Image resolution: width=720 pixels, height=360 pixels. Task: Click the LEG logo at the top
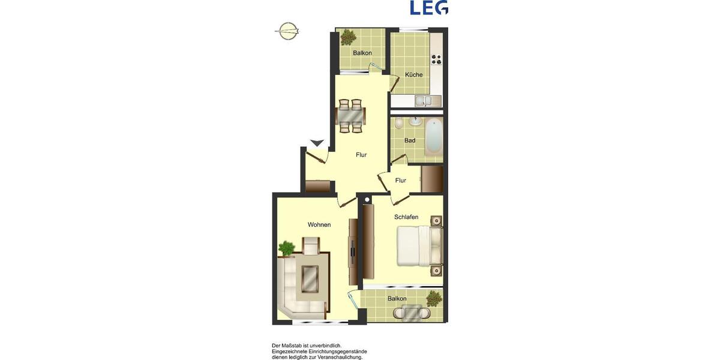pyautogui.click(x=429, y=7)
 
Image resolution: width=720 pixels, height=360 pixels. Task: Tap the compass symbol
pyautogui.click(x=287, y=31)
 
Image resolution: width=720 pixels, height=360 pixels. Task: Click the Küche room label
pyautogui.click(x=413, y=75)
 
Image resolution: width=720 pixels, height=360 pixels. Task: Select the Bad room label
pyautogui.click(x=410, y=140)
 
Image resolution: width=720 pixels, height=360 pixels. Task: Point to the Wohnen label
pyautogui.click(x=319, y=225)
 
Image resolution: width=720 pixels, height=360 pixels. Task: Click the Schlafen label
pyautogui.click(x=406, y=217)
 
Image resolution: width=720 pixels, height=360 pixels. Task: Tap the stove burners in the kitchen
pyautogui.click(x=436, y=59)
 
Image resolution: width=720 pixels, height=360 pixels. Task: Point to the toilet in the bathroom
pyautogui.click(x=399, y=124)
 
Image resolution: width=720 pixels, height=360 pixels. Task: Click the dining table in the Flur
pyautogui.click(x=350, y=115)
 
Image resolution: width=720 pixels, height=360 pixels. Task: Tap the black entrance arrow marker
pyautogui.click(x=317, y=143)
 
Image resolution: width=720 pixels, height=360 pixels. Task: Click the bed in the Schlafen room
pyautogui.click(x=418, y=245)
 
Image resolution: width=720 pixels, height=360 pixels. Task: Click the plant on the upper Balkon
pyautogui.click(x=346, y=37)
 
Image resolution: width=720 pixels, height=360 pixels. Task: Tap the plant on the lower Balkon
pyautogui.click(x=434, y=298)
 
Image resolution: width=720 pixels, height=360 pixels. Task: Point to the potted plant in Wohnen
pyautogui.click(x=287, y=248)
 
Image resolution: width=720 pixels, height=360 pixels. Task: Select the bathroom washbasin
pyautogui.click(x=415, y=122)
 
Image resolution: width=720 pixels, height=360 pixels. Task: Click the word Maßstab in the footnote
pyautogui.click(x=298, y=346)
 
